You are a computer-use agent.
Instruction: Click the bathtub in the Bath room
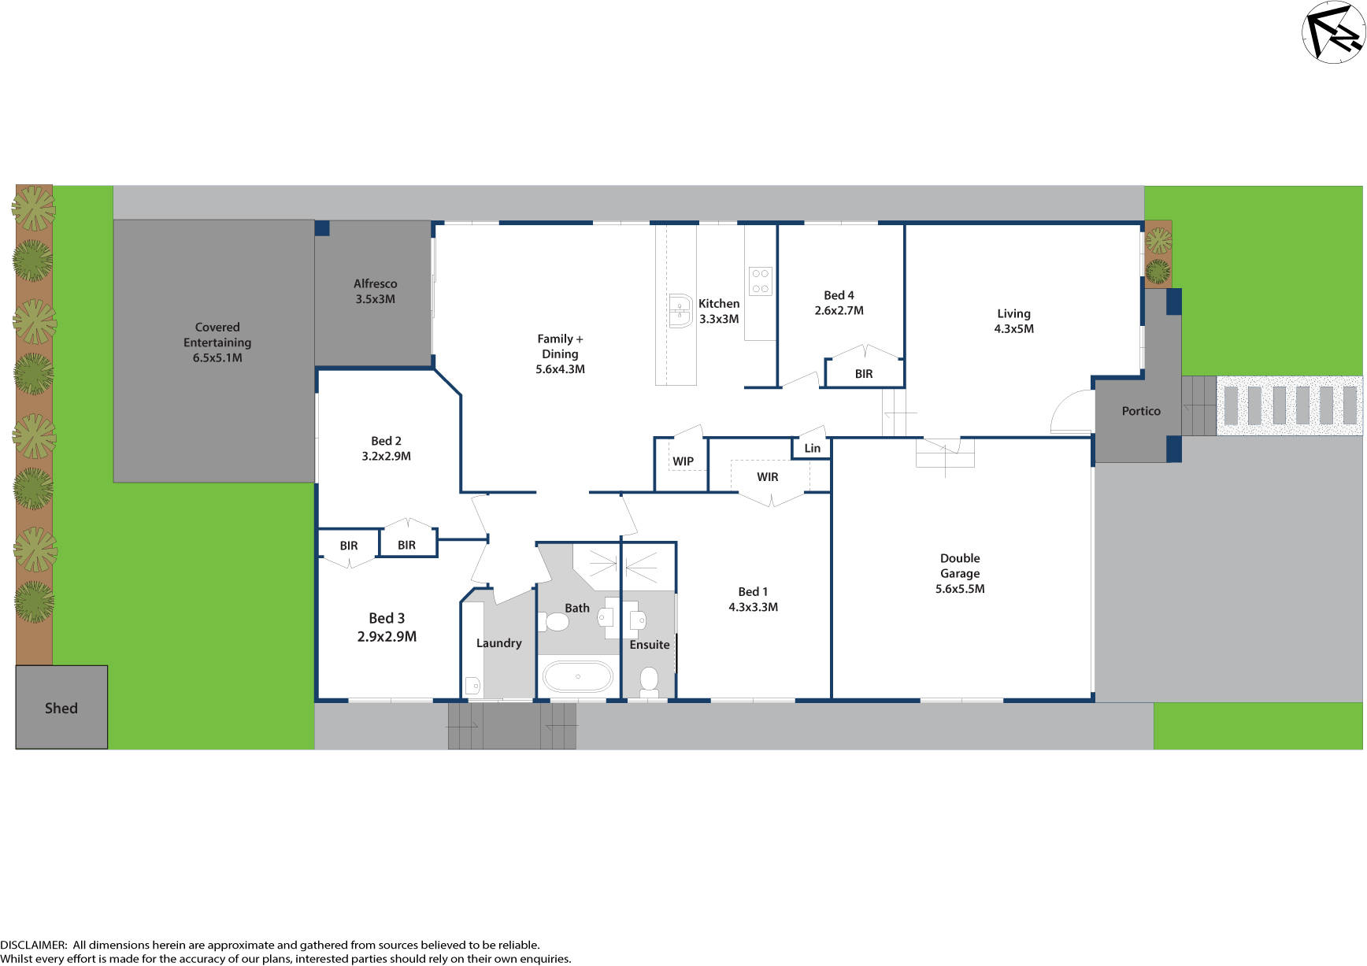(578, 676)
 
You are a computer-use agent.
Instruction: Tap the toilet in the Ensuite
(649, 680)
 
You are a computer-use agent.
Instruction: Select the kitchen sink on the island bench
(679, 310)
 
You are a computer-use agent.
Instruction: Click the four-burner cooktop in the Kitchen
(760, 281)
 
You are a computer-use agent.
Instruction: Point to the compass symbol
(1332, 31)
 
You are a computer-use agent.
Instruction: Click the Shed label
(61, 708)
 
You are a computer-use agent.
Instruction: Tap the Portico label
(1141, 411)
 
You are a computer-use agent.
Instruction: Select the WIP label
(683, 461)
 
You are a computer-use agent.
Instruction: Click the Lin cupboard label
(813, 448)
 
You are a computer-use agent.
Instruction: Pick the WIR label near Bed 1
(768, 476)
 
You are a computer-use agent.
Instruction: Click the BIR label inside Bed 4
(864, 374)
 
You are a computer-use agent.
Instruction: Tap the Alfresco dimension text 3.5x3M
(375, 299)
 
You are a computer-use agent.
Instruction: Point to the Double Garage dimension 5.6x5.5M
(960, 588)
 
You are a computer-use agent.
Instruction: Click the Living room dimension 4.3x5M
(1014, 328)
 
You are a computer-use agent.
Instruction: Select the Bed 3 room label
(387, 618)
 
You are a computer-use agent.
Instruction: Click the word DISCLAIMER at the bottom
(33, 945)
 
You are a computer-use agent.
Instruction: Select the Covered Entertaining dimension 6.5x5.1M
(217, 357)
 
